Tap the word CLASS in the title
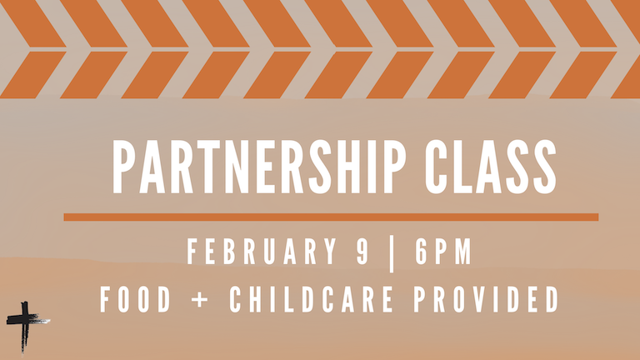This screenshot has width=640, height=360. tap(490, 169)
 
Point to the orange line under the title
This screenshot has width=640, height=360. tap(330, 217)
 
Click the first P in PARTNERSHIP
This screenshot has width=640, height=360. tap(122, 169)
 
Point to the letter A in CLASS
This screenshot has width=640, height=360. tap(488, 169)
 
